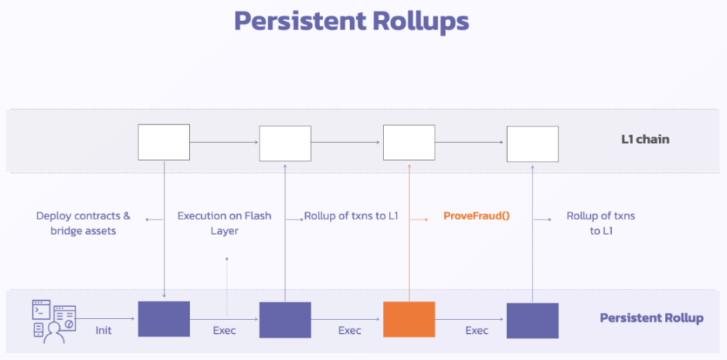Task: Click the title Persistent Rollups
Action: coord(352,22)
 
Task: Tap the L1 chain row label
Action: coord(645,139)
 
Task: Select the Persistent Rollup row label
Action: coord(651,318)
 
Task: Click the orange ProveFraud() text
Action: coord(476,216)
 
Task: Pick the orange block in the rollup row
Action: coord(409,319)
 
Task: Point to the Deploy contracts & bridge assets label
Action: coord(83,223)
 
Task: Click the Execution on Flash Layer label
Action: coord(224,223)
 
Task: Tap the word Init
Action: coord(103,332)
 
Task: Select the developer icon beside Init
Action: coord(54,322)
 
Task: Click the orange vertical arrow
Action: coord(409,233)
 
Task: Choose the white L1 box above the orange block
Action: coord(409,142)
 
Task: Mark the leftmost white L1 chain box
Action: coord(164,142)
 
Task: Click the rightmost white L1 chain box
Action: coord(533,144)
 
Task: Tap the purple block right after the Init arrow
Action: coord(164,319)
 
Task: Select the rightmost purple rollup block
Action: coord(533,320)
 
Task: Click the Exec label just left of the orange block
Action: coord(349,331)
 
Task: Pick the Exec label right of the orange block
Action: coord(476,331)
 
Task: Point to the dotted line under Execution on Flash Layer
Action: coord(227,287)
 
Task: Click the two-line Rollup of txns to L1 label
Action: coord(601,223)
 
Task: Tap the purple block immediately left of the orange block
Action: coord(285,320)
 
